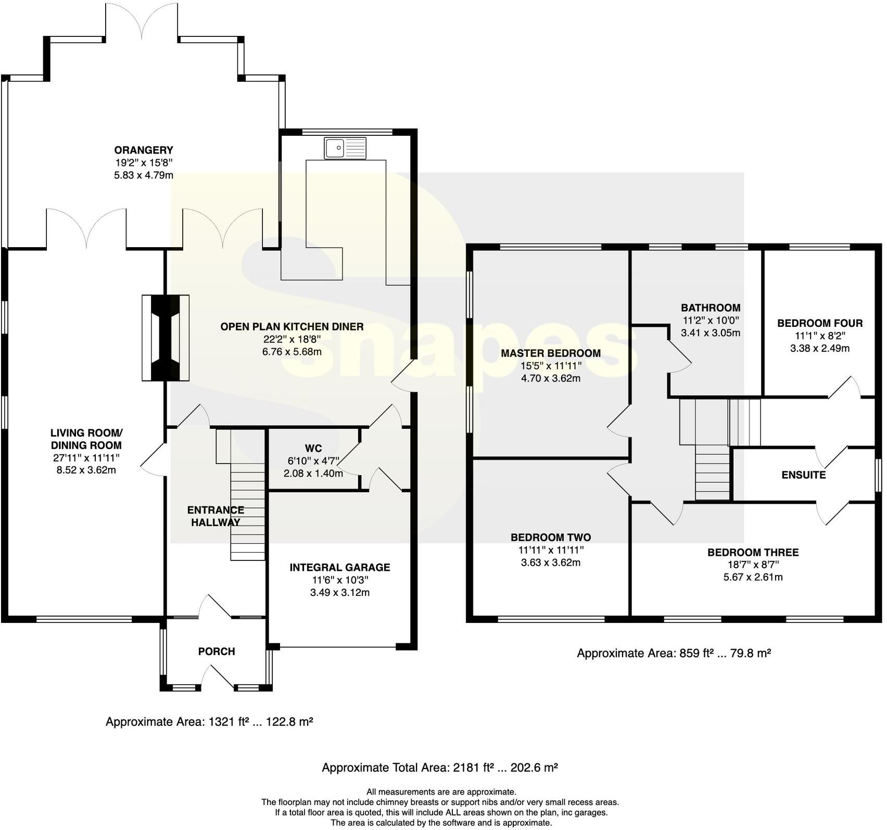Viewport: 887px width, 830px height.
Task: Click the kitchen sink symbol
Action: pyautogui.click(x=345, y=148)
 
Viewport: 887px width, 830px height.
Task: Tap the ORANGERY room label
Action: pyautogui.click(x=144, y=150)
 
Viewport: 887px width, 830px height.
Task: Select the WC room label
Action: pyautogui.click(x=313, y=449)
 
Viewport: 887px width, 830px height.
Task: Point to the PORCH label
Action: pyautogui.click(x=217, y=652)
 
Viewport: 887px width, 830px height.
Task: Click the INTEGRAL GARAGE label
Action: pyautogui.click(x=340, y=567)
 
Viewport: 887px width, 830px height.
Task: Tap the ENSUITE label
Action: pyautogui.click(x=803, y=475)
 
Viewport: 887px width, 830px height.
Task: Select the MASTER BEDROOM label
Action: pyautogui.click(x=551, y=353)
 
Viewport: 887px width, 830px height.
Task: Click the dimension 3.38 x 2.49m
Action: pyautogui.click(x=820, y=348)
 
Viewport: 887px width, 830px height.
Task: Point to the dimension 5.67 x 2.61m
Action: pyautogui.click(x=753, y=577)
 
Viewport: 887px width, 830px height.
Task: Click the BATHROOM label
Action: pyautogui.click(x=711, y=308)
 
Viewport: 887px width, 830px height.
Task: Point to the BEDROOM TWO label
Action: pyautogui.click(x=551, y=537)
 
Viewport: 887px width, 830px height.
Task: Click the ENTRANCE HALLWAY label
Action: pyautogui.click(x=216, y=516)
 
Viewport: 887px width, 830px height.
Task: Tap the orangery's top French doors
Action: pyautogui.click(x=142, y=21)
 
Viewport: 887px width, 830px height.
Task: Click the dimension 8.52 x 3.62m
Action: pyautogui.click(x=86, y=470)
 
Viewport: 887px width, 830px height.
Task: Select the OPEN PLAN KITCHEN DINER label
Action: pyautogui.click(x=292, y=327)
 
